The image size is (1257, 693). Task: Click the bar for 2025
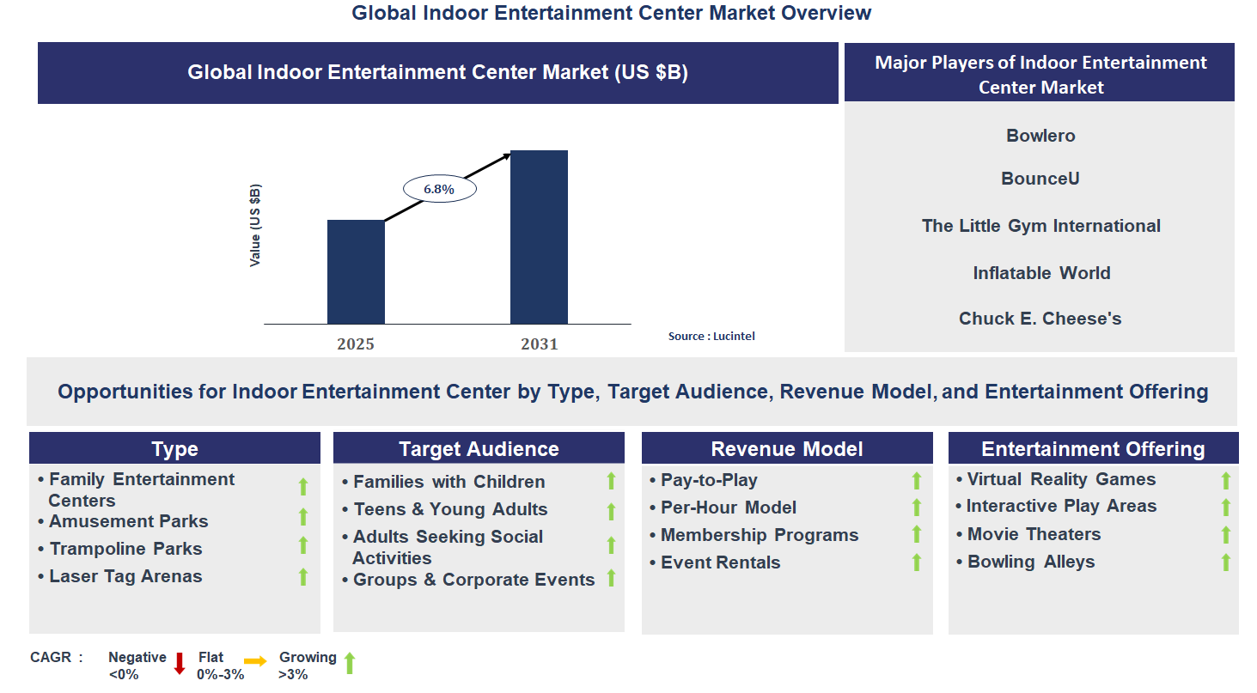pyautogui.click(x=356, y=272)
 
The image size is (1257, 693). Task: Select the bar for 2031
pyautogui.click(x=539, y=237)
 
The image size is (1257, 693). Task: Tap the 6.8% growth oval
pyautogui.click(x=439, y=189)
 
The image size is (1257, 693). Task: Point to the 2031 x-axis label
pyautogui.click(x=539, y=344)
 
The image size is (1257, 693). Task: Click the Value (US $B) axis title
pyautogui.click(x=255, y=225)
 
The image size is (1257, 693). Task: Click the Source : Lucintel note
pyautogui.click(x=711, y=337)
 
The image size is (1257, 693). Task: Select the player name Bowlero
pyautogui.click(x=1040, y=136)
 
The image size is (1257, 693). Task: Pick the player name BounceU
pyautogui.click(x=1040, y=179)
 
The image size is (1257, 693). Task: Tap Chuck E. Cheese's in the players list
pyautogui.click(x=1040, y=319)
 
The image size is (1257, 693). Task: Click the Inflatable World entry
pyautogui.click(x=1041, y=273)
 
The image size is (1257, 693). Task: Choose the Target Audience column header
pyautogui.click(x=479, y=449)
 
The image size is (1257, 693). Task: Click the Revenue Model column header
pyautogui.click(x=787, y=449)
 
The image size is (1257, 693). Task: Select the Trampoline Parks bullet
pyautogui.click(x=125, y=549)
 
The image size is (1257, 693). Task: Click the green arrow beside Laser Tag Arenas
pyautogui.click(x=302, y=577)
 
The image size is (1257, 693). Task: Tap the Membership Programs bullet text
pyautogui.click(x=760, y=535)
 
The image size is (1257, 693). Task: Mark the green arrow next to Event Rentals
pyautogui.click(x=916, y=562)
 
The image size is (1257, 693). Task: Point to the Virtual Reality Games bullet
pyautogui.click(x=1061, y=479)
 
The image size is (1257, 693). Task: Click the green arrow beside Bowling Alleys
pyautogui.click(x=1225, y=562)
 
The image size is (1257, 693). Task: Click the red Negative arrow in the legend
pyautogui.click(x=180, y=664)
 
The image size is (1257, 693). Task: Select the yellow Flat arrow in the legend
pyautogui.click(x=255, y=661)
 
